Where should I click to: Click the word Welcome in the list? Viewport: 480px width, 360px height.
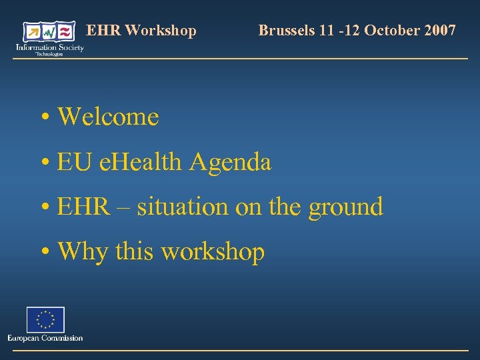pos(109,117)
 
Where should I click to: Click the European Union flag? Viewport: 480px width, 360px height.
pos(45,319)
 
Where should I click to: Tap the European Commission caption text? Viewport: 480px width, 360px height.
pos(45,338)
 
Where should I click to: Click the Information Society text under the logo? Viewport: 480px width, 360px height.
pos(50,48)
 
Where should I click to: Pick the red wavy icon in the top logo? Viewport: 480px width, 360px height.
pos(65,32)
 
